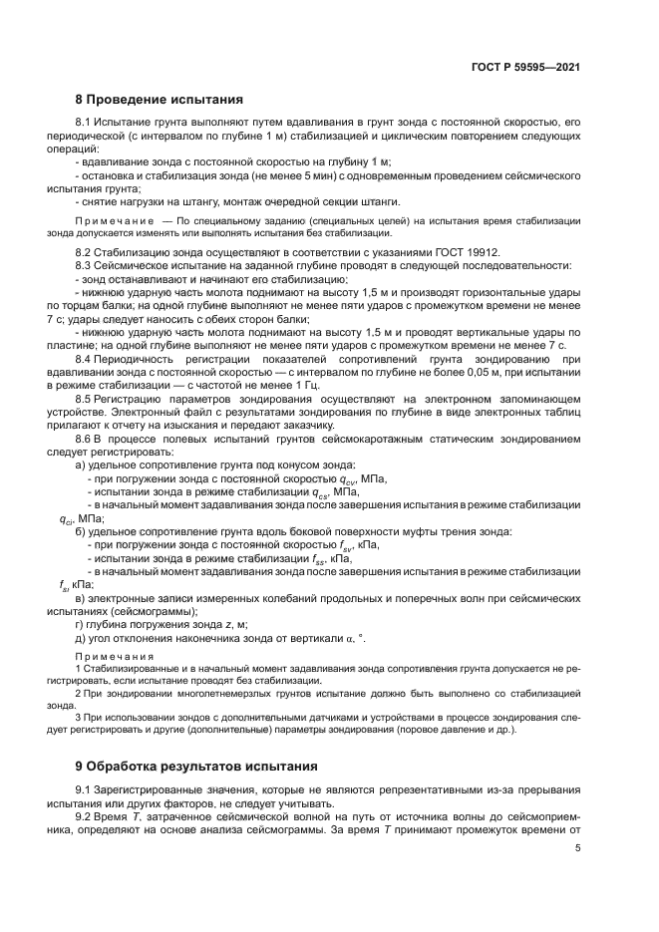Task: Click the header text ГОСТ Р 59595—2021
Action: click(526, 67)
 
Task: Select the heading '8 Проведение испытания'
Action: click(159, 100)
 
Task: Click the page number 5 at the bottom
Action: click(577, 849)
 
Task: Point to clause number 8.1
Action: click(86, 122)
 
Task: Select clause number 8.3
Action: click(86, 266)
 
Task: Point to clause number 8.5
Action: click(86, 398)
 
